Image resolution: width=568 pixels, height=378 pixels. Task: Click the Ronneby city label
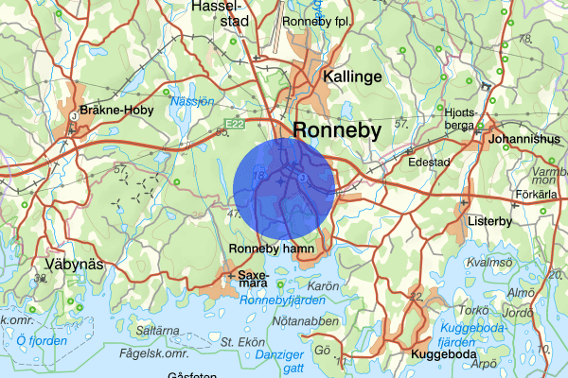(337, 130)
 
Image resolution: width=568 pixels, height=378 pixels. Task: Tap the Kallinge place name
(352, 77)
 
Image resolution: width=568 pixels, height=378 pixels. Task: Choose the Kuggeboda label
(442, 354)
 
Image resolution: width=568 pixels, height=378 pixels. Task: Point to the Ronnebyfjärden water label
(282, 301)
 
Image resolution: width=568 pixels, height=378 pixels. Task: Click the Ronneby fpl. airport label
(317, 20)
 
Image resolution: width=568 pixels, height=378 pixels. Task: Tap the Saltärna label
(158, 332)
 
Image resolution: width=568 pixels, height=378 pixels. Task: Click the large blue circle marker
(283, 187)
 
